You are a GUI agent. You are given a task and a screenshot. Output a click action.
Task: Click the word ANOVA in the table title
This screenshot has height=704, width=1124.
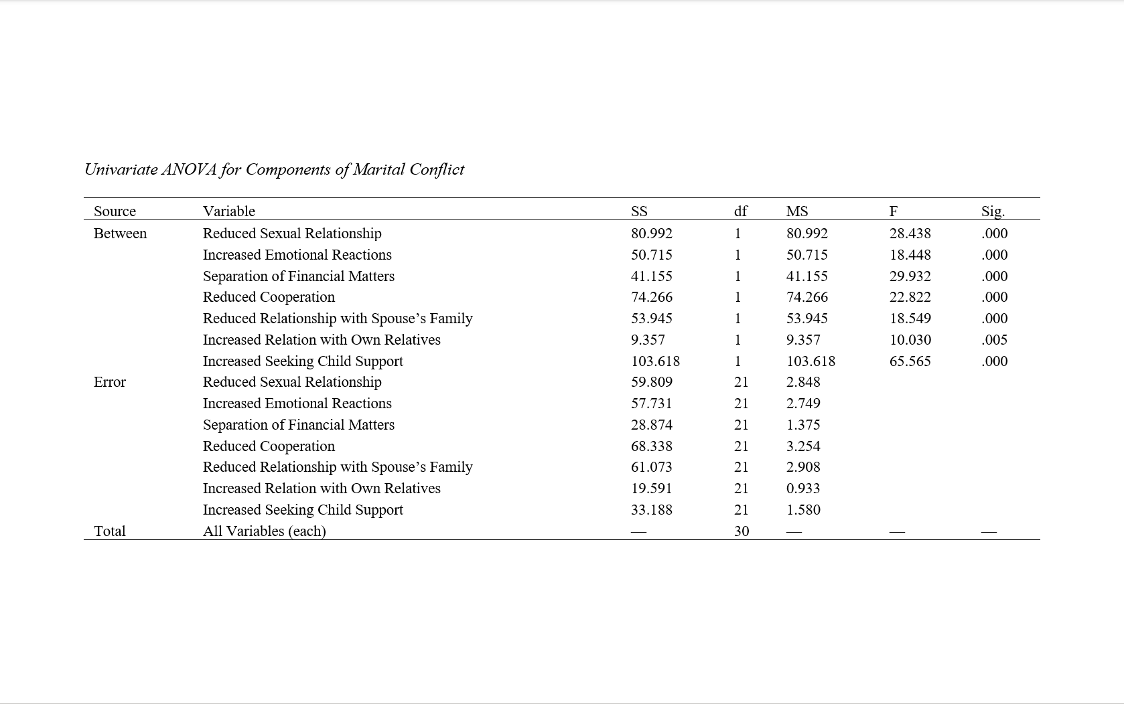[189, 169]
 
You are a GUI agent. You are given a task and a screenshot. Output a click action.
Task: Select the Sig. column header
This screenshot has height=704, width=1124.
[993, 211]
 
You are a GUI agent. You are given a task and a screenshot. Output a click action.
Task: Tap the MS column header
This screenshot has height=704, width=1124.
[797, 211]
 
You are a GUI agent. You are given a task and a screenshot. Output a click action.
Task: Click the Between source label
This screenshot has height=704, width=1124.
[120, 234]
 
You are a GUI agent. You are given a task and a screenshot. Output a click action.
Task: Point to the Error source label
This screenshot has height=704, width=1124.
[110, 382]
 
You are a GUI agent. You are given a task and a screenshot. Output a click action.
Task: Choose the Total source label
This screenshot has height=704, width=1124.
[110, 531]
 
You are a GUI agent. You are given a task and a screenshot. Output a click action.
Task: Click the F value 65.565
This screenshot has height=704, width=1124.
[910, 361]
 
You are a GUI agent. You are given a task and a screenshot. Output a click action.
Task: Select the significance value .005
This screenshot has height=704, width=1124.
[994, 340]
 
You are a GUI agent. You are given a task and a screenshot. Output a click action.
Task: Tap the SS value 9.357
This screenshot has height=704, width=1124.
[648, 340]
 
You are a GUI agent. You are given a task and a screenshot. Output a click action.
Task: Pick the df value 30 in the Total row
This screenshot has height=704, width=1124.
[741, 531]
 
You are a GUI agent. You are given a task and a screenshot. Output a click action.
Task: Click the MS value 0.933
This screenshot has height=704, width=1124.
[803, 489]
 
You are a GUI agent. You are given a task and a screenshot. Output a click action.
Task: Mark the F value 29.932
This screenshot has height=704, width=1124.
[910, 276]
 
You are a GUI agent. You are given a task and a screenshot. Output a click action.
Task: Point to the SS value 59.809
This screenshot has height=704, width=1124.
[651, 382]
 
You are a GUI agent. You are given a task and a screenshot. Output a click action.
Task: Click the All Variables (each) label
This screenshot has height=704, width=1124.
[264, 531]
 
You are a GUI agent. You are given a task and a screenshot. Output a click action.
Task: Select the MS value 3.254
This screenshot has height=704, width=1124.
[803, 446]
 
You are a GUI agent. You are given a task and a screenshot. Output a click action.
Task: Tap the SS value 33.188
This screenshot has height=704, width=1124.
[651, 510]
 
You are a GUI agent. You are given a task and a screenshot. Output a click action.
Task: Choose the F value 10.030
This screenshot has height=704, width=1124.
[910, 340]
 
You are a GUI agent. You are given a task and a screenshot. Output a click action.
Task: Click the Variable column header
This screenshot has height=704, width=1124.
[228, 211]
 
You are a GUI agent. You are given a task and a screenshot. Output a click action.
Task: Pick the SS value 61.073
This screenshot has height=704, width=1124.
[651, 467]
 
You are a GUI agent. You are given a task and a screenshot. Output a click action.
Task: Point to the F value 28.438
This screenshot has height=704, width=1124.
[910, 234]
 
